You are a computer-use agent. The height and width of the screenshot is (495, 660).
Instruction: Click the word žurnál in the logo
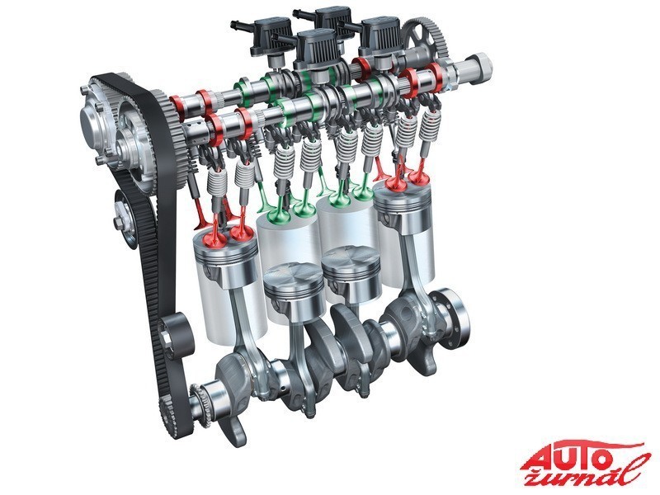(589, 471)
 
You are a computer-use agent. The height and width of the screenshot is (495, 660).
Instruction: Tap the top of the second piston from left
(293, 276)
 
